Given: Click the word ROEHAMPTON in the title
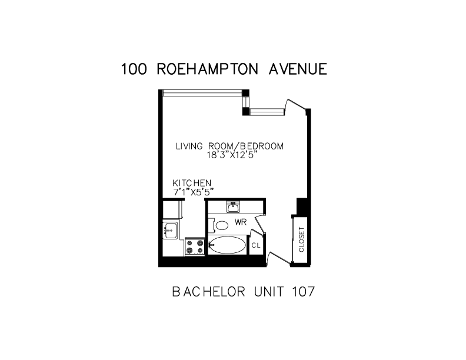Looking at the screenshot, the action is coord(207,69).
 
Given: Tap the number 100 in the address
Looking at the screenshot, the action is coord(134,69).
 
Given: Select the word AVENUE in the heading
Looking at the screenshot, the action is coord(298,69).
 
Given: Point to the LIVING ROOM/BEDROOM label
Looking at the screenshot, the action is coord(229,146).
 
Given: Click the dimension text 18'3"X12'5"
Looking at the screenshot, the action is coord(231,155).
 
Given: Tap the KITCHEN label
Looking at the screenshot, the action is coord(192,183).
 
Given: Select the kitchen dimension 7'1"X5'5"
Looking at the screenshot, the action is coord(194,192).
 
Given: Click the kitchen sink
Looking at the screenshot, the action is coord(170,231).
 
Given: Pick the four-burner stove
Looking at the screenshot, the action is coord(195,246).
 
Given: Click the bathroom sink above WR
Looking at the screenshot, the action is coord(234,207).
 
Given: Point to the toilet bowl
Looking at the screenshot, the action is coord(222,225).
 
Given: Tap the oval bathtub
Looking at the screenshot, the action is coord(228,245).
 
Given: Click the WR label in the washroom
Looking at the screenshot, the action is coord(241,222).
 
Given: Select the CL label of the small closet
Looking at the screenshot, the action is coord(256,245).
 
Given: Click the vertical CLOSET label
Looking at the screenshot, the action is coord(302,239).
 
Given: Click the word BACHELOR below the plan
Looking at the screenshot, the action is coord(209,292).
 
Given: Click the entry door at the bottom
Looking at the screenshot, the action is coord(279,258).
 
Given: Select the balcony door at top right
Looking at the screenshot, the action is coord(296,106).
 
